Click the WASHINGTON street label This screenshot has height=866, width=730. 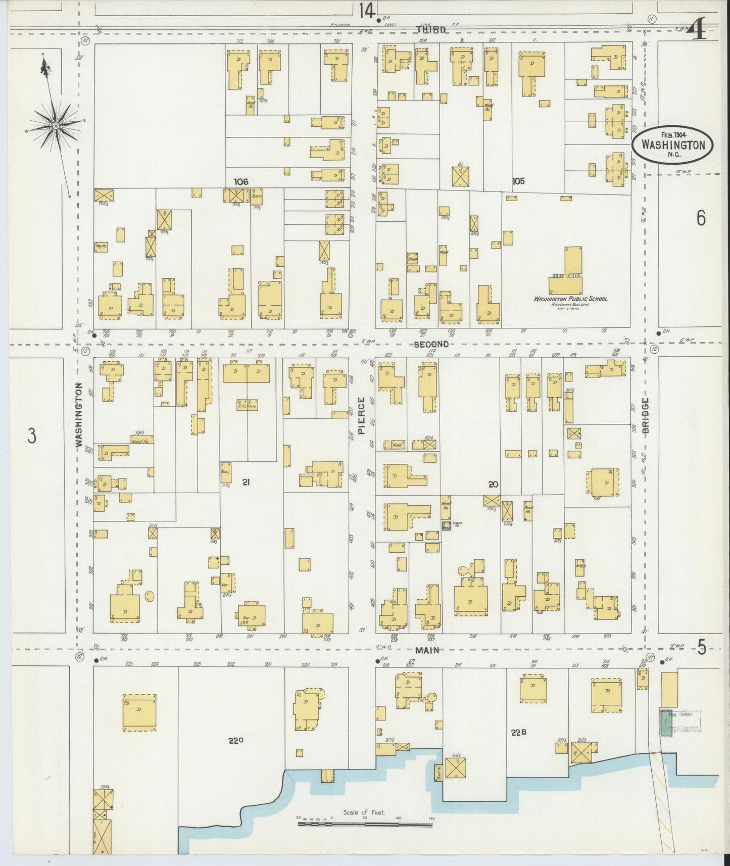coord(79,414)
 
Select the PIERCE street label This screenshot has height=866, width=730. coord(361,415)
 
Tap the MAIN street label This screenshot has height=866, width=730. coord(427,650)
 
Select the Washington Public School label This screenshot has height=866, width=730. coord(570,299)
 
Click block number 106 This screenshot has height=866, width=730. coord(241,181)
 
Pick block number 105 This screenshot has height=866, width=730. coord(518,181)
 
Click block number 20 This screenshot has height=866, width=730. coord(493,484)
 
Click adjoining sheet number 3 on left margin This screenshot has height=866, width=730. coord(32,436)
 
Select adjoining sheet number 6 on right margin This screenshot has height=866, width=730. coord(701,218)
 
